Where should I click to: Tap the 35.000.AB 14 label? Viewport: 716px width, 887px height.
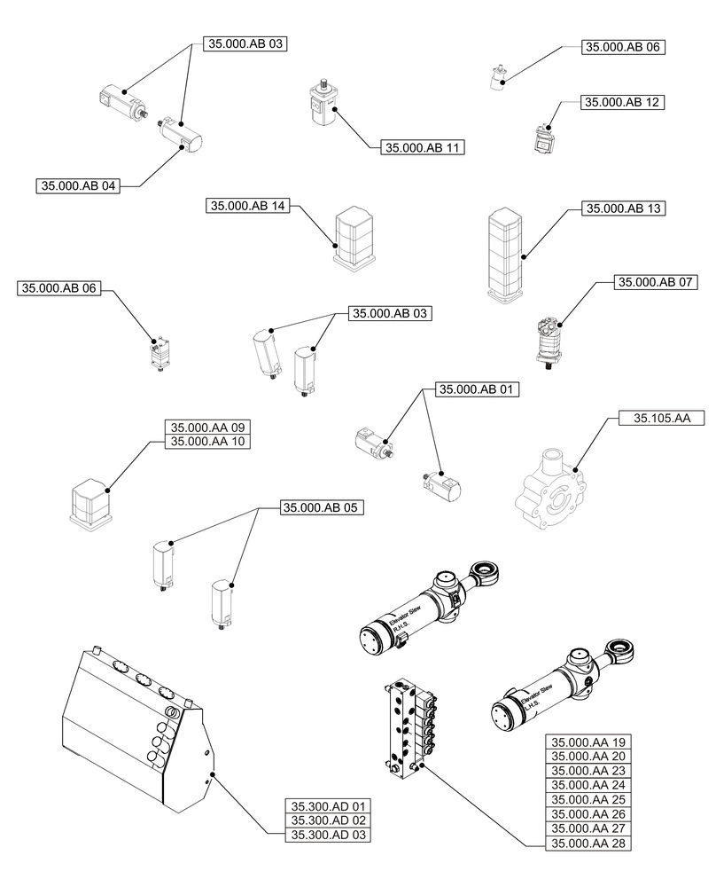pos(248,206)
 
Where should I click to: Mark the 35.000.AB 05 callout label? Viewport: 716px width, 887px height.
pos(323,508)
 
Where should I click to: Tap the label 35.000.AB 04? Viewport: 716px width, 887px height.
pos(77,186)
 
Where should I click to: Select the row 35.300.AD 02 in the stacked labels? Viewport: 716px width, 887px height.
pos(327,820)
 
